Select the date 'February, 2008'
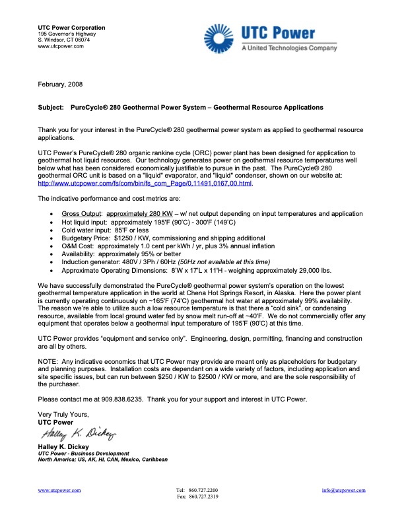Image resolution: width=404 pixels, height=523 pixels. pos(60,84)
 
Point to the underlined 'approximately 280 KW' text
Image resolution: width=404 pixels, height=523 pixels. pos(139,196)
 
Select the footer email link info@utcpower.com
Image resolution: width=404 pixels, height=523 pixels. pos(343,490)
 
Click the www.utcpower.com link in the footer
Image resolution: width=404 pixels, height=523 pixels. pos(59,490)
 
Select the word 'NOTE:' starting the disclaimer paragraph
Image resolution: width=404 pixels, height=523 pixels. pos(48,363)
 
